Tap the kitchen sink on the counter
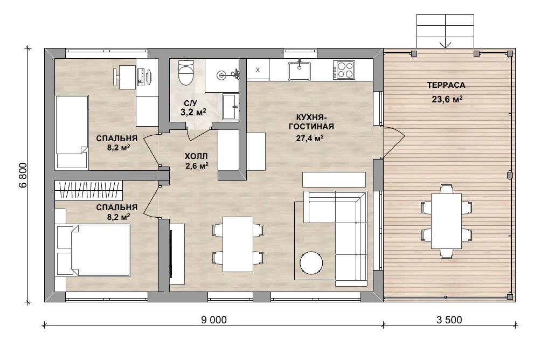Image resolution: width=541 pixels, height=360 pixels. click(x=299, y=71)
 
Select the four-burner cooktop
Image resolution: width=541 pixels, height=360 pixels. click(x=344, y=70)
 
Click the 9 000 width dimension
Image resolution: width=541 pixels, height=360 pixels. click(x=214, y=320)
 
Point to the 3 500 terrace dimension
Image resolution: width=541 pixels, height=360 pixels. click(x=449, y=320)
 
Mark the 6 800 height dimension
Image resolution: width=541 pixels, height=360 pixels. click(x=23, y=175)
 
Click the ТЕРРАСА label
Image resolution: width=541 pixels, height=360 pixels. click(x=446, y=85)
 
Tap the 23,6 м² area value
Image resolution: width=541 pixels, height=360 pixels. click(x=447, y=99)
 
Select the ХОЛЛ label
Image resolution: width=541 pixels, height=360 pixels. click(x=196, y=156)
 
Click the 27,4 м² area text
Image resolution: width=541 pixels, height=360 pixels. click(x=309, y=138)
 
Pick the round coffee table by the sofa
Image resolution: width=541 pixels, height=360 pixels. click(x=311, y=263)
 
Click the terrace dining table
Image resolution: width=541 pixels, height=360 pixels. click(x=447, y=221)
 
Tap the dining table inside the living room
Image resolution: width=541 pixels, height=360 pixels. click(x=238, y=244)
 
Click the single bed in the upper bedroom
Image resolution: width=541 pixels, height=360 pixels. click(x=72, y=132)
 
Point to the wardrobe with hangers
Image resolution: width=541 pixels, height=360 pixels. click(x=89, y=190)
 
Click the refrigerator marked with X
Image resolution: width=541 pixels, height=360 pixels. click(x=258, y=70)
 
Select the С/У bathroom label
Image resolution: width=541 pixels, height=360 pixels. click(x=190, y=103)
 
